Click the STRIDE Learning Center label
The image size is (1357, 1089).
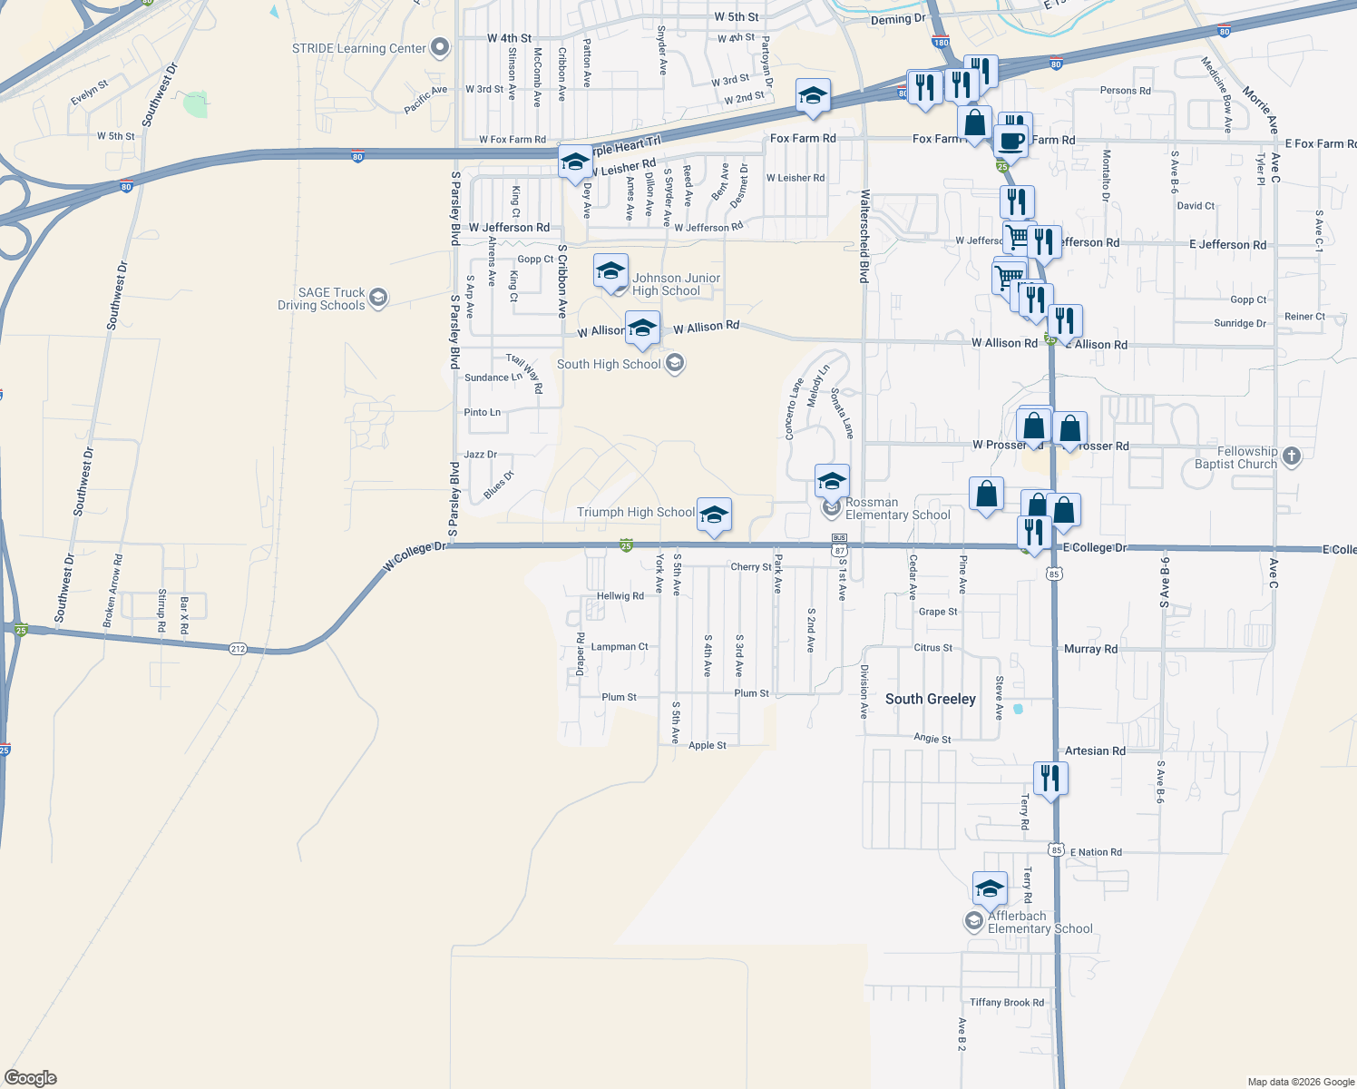(x=358, y=48)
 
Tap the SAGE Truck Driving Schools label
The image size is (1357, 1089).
(x=321, y=299)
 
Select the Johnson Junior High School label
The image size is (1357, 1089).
(x=677, y=284)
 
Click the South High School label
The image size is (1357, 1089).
(x=609, y=364)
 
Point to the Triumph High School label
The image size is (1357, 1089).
(x=636, y=512)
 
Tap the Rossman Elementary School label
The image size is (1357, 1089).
(x=897, y=508)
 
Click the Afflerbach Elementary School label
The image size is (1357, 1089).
(x=1040, y=922)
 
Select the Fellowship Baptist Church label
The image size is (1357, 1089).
(x=1235, y=457)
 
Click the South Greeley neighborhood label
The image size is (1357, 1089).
(x=931, y=699)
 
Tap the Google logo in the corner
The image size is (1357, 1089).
(x=30, y=1077)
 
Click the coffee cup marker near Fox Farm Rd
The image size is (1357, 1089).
(x=1010, y=142)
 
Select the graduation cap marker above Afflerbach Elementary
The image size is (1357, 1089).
(x=990, y=888)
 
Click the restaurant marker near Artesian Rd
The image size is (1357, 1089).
(x=1049, y=779)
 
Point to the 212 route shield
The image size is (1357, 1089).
(x=238, y=648)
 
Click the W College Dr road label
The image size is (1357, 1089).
(x=415, y=556)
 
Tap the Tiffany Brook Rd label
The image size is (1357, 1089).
(x=1007, y=1003)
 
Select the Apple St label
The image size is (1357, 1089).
(x=708, y=746)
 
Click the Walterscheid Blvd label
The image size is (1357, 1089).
(x=864, y=236)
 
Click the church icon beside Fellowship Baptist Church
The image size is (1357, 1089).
(x=1292, y=456)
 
